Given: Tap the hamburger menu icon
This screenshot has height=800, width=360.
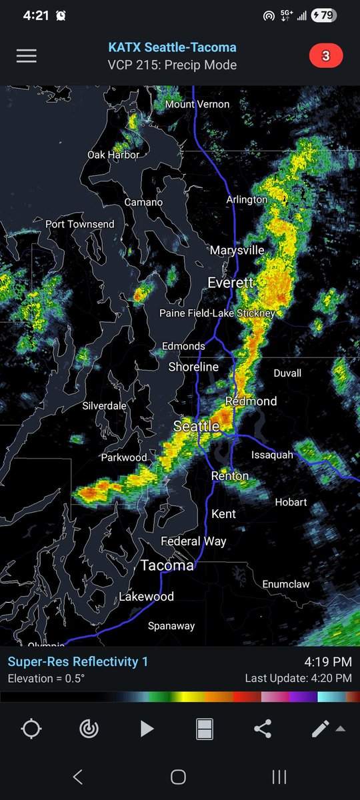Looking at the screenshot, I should pos(27,56).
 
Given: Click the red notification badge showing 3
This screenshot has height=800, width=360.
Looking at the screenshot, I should pos(325,56).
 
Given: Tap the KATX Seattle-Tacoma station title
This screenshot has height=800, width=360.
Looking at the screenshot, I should pos(172,48).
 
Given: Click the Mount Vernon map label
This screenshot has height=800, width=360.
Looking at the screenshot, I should pos(197,104).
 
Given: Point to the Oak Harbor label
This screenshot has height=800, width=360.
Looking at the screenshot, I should pos(113,155).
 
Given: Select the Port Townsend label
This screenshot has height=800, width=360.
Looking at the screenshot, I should pos(80,224).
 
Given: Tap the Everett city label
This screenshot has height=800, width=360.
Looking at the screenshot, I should pos(231,283).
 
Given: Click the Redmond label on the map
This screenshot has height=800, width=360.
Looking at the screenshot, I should pos(251,401).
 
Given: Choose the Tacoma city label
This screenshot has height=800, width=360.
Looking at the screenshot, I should pos(167,565).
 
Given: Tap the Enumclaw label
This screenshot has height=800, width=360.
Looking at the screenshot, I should pos(286,584).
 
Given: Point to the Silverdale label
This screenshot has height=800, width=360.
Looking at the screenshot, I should pos(104,405).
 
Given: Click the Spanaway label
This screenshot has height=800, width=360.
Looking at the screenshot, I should pos(171,625).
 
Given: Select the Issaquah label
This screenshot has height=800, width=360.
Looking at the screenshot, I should pos(272,455).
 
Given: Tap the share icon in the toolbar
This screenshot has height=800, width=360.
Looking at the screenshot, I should pos(263,729).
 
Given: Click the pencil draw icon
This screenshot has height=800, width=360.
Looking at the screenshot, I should pos(321,729).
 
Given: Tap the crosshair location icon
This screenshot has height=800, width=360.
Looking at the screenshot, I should pos(31,729).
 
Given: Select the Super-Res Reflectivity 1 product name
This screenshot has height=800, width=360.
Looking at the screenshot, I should pos(78,661).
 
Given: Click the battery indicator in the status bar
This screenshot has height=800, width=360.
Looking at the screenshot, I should pos(324,15).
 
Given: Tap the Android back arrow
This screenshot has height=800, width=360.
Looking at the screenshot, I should pos(77,777).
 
